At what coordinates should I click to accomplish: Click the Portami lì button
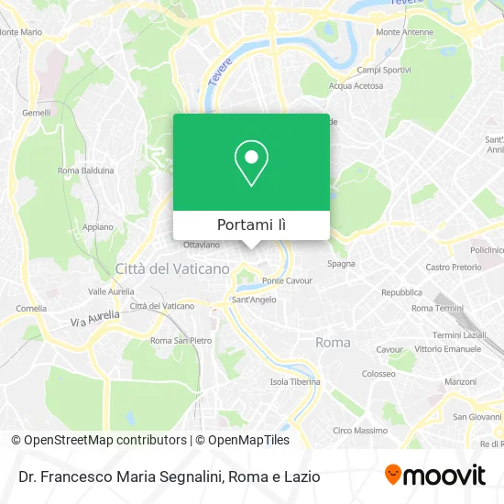251,225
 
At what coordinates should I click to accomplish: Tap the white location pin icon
251,163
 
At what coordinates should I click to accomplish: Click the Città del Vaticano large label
172,268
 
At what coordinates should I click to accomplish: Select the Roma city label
333,342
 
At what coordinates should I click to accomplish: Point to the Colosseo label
378,374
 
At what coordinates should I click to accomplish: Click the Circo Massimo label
359,430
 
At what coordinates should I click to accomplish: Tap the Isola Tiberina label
294,381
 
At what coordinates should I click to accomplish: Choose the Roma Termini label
434,308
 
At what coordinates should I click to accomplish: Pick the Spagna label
341,264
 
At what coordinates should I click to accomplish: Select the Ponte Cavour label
288,280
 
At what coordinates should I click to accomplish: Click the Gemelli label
37,112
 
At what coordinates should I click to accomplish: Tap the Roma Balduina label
85,170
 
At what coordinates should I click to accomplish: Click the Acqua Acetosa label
356,86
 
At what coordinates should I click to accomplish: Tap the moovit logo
435,475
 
